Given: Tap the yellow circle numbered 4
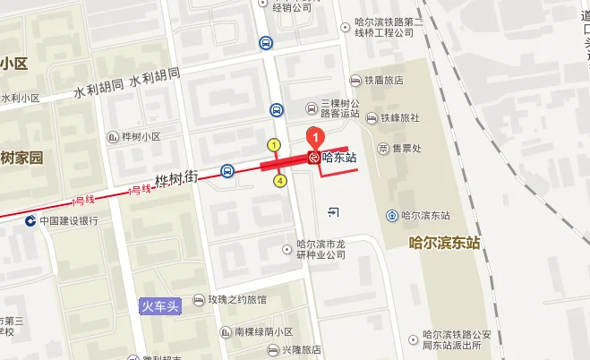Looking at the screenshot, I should pos(280,181).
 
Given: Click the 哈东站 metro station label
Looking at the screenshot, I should pos(338,158).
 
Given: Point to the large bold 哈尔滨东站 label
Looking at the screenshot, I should pos(444,243).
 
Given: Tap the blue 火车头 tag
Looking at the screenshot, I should pos(162,305).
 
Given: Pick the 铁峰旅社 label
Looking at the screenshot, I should pos(399,117).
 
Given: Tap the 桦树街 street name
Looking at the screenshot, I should pos(175,179).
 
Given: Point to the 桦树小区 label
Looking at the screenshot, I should pos(139,137).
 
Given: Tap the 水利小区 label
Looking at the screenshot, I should pos(21,99).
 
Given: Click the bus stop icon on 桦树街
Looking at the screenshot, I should pos(228,170).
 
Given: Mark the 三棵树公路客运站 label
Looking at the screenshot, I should pos(338,108).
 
